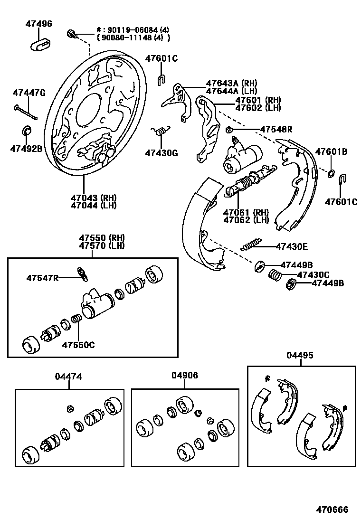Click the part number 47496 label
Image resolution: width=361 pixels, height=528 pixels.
point(39,24)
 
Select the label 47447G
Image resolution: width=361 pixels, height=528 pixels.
point(29,93)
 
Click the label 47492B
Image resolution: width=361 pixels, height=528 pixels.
point(26,148)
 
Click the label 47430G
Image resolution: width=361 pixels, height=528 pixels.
point(161,153)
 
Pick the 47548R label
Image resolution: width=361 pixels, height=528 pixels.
point(276,129)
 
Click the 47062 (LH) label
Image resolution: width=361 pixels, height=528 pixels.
point(246,220)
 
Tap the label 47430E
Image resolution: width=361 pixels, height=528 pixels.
point(292,246)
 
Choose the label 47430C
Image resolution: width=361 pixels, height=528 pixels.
point(313,274)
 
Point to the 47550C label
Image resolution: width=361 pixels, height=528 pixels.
point(78,345)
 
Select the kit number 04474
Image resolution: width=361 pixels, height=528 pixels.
point(68,377)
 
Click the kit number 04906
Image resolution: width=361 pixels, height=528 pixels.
point(185,376)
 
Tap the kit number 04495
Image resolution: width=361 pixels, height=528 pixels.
point(300,355)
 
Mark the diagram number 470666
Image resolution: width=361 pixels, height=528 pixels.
point(332,510)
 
